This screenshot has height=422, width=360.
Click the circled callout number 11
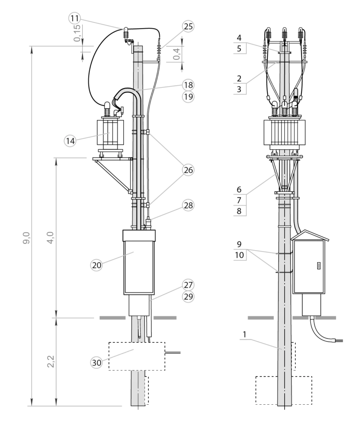pos(75,19)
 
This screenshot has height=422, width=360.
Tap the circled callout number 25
pos(188,26)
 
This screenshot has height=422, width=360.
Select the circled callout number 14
pos(70,141)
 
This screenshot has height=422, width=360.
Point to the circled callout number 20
pos(96,265)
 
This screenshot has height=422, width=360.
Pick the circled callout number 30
pos(96,363)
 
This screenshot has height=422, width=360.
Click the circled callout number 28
pos(188,205)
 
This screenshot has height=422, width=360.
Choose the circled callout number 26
pos(188,170)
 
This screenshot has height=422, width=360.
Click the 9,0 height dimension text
pos(26,238)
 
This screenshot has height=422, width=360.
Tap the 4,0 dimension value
pos(50,237)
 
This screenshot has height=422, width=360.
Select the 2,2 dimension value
pos(51,361)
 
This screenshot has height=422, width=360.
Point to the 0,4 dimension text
pos(177,54)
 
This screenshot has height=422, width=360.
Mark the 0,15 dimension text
pos(77,33)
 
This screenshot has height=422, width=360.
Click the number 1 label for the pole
pos(244,334)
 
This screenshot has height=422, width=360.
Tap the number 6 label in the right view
pos(239,190)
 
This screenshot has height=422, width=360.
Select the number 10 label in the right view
pos(239,255)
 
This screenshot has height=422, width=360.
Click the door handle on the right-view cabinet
pos(318,266)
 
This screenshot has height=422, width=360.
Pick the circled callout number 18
pos(188,85)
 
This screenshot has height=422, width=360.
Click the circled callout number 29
pos(188,296)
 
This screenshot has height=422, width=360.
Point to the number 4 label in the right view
pos(239,38)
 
